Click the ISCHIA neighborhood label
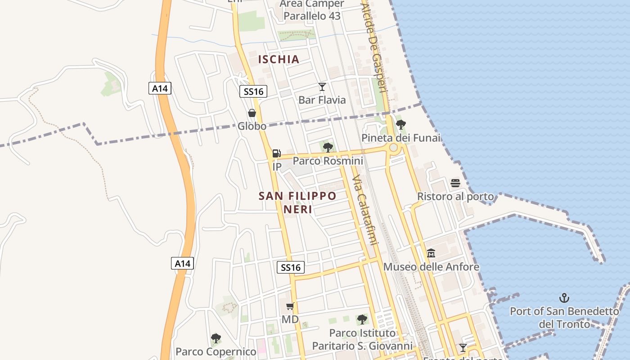tap(279, 59)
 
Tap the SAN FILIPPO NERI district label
tap(297, 202)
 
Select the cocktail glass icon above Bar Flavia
tap(322, 87)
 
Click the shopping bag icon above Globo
tap(252, 113)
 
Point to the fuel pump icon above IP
tap(277, 153)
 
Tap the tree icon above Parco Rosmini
tap(328, 147)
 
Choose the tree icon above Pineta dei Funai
tap(400, 124)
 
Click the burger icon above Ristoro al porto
tap(455, 183)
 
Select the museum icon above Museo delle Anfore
tap(431, 253)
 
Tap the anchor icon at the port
tap(564, 297)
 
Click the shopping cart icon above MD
tap(290, 306)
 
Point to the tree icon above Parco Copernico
tap(216, 338)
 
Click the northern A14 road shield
tap(160, 88)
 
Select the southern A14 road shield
tap(183, 263)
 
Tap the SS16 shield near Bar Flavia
tap(253, 92)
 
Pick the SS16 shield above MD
tap(291, 267)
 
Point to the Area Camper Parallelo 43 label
tap(312, 10)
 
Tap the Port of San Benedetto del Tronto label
tap(564, 317)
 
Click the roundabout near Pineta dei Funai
tap(394, 148)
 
